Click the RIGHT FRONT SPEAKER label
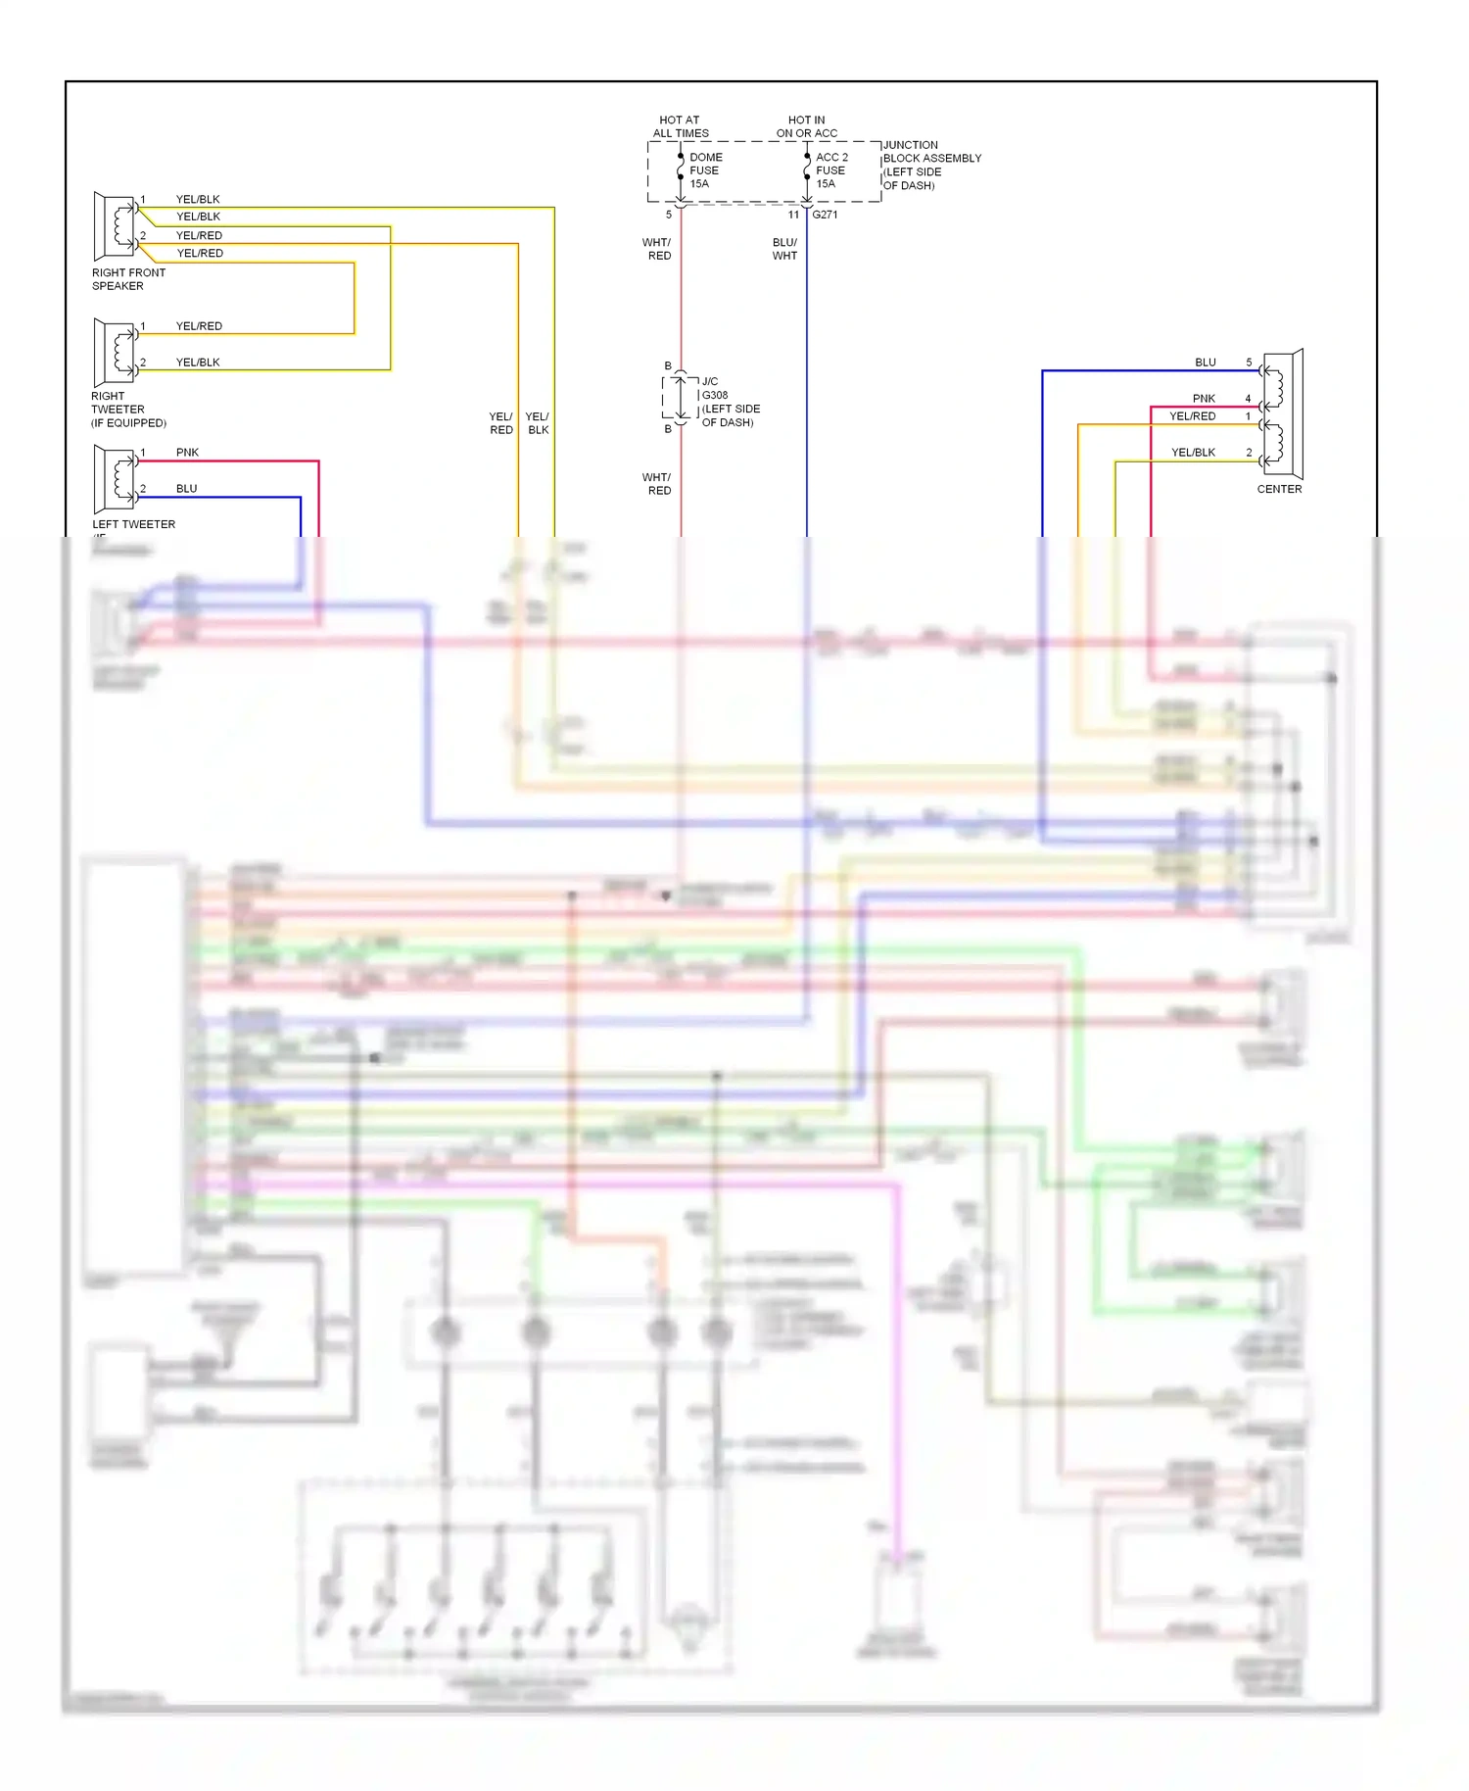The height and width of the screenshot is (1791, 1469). (128, 279)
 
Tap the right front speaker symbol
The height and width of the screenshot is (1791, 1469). (115, 226)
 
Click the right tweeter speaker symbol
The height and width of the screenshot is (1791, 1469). (115, 352)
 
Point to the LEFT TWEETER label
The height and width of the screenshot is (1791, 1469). (133, 524)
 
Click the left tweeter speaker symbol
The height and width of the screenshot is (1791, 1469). (115, 478)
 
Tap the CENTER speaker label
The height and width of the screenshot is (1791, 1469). (1279, 489)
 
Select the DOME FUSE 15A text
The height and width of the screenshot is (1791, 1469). (705, 170)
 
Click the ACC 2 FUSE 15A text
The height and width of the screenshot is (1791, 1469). (831, 170)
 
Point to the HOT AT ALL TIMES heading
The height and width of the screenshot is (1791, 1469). (680, 126)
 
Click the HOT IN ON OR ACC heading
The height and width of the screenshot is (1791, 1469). (806, 126)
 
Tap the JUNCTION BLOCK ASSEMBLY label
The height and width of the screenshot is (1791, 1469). (930, 165)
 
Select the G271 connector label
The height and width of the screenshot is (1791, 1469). (825, 215)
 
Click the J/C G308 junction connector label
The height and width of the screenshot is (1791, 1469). (730, 402)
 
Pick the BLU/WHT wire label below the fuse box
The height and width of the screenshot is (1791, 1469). (784, 249)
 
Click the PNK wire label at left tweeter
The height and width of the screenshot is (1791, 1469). (187, 453)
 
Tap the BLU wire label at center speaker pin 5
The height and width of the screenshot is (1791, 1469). (1205, 363)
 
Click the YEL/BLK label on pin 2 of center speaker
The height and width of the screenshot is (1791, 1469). (1193, 453)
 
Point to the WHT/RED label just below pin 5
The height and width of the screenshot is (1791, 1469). (657, 249)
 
